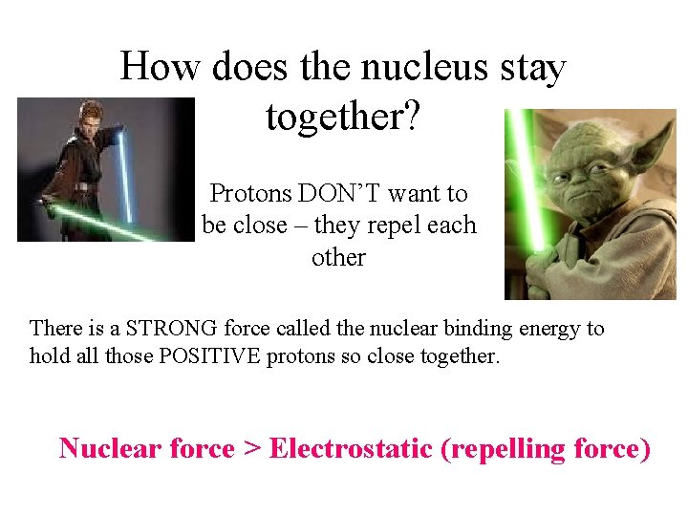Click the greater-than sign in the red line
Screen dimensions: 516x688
click(x=252, y=448)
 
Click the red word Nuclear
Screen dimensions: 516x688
click(x=105, y=448)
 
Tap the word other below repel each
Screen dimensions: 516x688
click(x=338, y=258)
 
